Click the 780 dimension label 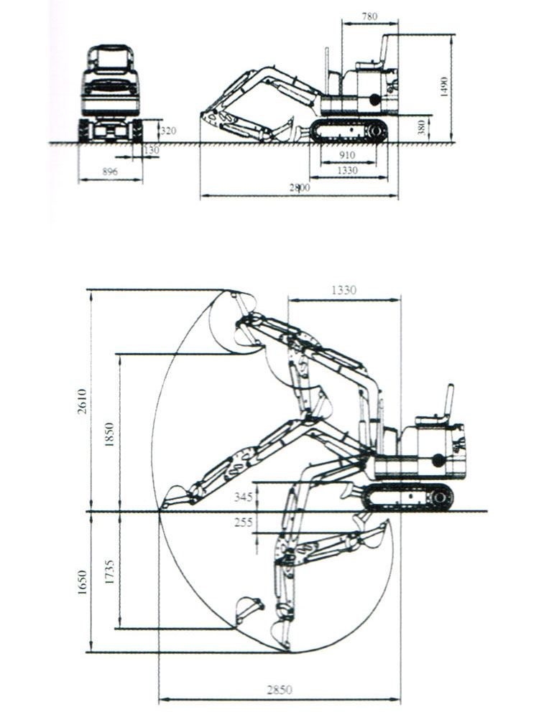point(370,16)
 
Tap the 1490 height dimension point(445,87)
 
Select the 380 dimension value point(424,127)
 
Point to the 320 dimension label point(167,131)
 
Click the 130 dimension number point(152,150)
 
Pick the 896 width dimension point(110,172)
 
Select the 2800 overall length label point(300,187)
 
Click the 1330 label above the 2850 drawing point(344,290)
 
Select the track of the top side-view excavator point(349,131)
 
